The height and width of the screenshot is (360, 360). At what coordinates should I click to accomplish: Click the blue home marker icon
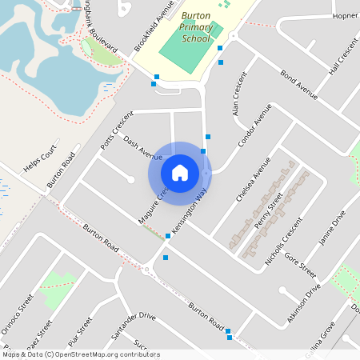pyautogui.click(x=180, y=172)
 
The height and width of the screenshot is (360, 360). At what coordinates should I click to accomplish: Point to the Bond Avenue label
pyautogui.click(x=299, y=85)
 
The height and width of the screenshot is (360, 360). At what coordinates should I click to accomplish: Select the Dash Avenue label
pyautogui.click(x=143, y=146)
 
